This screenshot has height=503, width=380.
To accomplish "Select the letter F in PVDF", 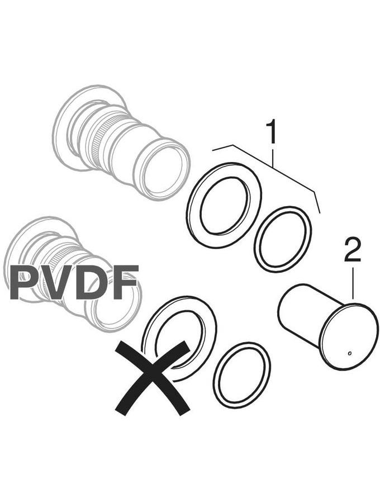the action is [126, 283].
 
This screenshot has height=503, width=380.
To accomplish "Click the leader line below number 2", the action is [353, 283].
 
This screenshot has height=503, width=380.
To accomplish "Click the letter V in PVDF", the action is [58, 283].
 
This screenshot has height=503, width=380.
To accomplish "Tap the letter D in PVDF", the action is [93, 283].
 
